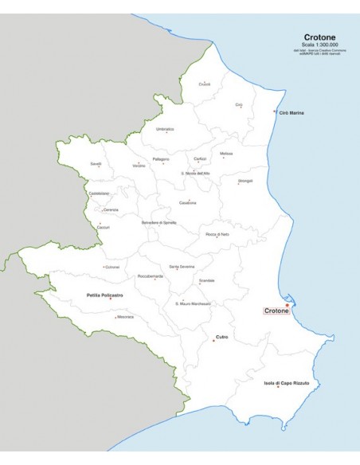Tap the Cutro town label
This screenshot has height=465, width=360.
pyautogui.click(x=221, y=337)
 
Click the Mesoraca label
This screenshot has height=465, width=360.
pyautogui.click(x=125, y=317)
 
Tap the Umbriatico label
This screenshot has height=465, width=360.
pyautogui.click(x=165, y=128)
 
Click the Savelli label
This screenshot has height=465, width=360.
pyautogui.click(x=96, y=163)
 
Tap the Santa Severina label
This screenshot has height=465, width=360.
pyautogui.click(x=182, y=266)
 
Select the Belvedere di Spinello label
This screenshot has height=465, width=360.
pyautogui.click(x=158, y=222)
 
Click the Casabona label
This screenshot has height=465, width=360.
pyautogui.click(x=188, y=201)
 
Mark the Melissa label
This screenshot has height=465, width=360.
pyautogui.click(x=226, y=152)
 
